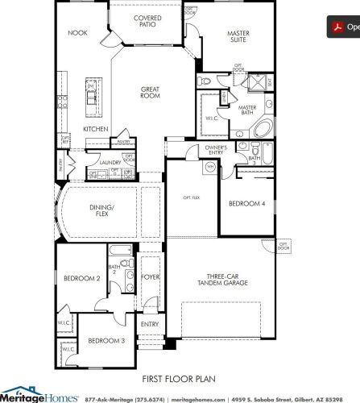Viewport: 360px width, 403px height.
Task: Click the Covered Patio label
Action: pyautogui.click(x=148, y=22)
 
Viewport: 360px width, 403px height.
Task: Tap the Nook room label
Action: pyautogui.click(x=77, y=34)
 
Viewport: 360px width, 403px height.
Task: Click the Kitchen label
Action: pyautogui.click(x=96, y=129)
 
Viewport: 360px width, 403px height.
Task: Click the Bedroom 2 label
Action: pyautogui.click(x=82, y=278)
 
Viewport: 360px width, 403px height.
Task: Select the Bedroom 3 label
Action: pyautogui.click(x=106, y=341)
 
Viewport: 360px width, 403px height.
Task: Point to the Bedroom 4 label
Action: pyautogui.click(x=246, y=204)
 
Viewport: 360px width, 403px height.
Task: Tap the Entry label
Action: pyautogui.click(x=150, y=324)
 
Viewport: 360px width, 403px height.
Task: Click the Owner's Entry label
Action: pyautogui.click(x=216, y=150)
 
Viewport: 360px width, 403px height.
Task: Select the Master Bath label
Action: pyautogui.click(x=247, y=110)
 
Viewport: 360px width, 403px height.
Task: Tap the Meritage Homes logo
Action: pyautogui.click(x=39, y=396)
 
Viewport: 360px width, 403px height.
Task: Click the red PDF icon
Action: pyautogui.click(x=337, y=27)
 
